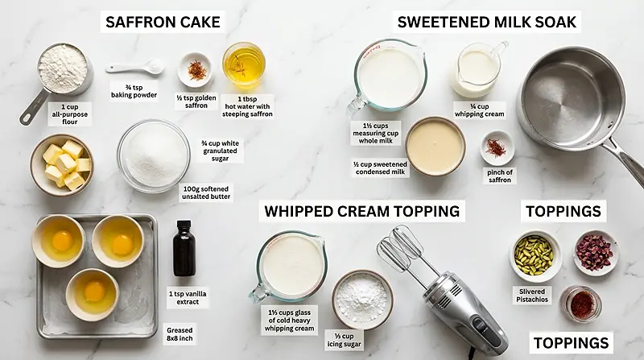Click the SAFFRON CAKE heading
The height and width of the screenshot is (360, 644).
[163, 22]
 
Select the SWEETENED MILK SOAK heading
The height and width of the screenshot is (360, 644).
[488, 22]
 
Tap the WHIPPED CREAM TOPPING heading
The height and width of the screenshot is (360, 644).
[363, 211]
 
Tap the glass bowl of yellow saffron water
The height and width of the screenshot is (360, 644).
[243, 64]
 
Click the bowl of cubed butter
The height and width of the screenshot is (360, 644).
[62, 164]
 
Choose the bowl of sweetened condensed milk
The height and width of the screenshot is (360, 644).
[435, 146]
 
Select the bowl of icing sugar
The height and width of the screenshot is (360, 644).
[362, 299]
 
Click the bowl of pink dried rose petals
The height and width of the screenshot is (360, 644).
[595, 252]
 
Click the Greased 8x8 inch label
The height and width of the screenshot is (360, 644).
[179, 334]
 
